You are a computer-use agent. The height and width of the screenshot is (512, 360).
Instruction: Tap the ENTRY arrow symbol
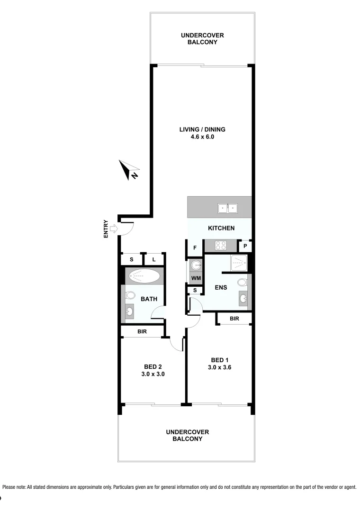point(114,229)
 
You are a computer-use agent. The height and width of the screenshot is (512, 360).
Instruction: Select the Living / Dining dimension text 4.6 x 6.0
point(202,137)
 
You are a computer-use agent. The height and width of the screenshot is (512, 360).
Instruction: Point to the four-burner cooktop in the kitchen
point(221,246)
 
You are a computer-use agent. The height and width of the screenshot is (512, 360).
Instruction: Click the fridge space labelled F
point(195,247)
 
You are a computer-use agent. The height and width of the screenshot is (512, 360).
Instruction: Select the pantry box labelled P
point(245,247)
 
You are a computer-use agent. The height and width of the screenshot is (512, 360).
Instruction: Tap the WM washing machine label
point(196,278)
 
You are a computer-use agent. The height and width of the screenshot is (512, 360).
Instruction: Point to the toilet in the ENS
point(243,283)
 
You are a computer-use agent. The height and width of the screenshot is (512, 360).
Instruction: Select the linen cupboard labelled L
point(154,259)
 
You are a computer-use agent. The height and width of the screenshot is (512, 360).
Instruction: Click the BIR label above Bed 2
point(142,332)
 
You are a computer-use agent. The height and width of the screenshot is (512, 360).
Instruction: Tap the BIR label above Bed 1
point(234,319)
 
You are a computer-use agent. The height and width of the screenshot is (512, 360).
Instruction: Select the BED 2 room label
point(153,366)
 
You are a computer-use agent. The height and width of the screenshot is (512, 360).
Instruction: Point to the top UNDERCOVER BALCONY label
point(202,38)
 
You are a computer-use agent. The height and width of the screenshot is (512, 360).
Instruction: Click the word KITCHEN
point(221,228)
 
